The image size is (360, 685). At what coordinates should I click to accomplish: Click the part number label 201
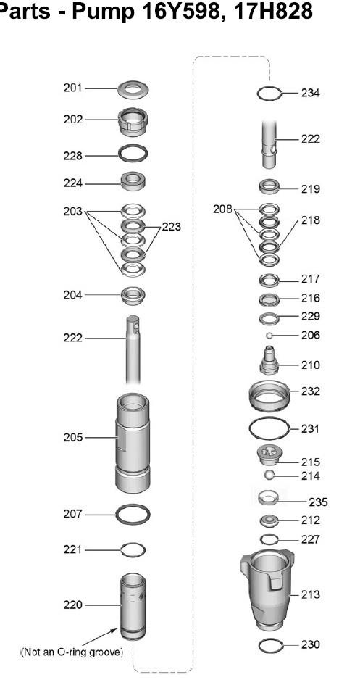72,88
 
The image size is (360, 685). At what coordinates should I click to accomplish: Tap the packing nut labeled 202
133,122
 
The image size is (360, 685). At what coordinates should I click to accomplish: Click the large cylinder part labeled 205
133,443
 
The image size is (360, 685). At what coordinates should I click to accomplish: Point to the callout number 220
72,605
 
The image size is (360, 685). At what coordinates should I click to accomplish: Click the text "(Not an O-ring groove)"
72,652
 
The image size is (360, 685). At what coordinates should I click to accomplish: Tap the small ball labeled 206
269,335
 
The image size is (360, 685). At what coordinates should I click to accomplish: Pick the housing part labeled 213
267,590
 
